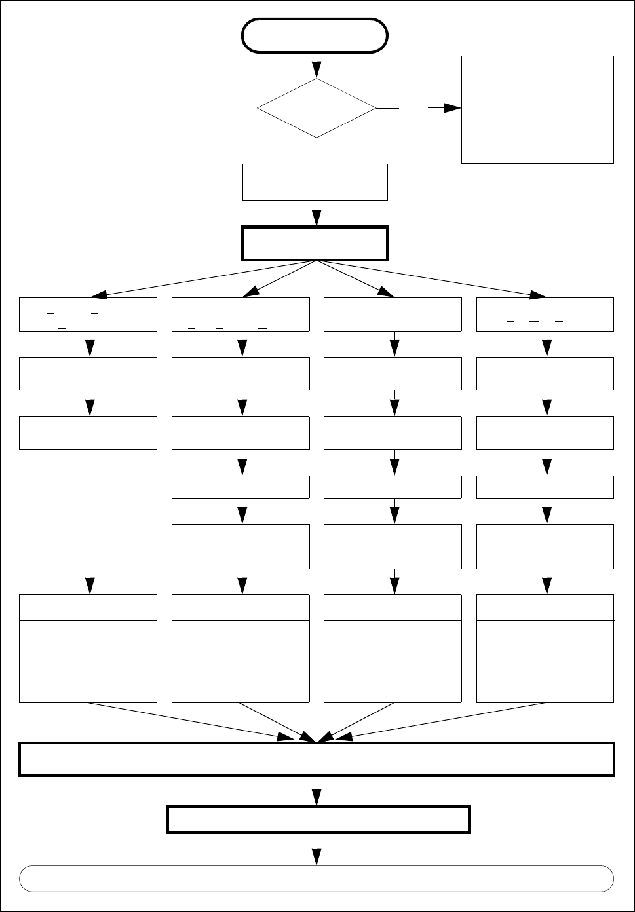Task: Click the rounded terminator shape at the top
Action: pos(315,35)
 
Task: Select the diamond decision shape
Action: pos(317,109)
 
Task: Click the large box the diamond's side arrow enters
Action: pos(537,109)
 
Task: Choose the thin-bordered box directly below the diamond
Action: pos(315,182)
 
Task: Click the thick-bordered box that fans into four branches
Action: pos(315,243)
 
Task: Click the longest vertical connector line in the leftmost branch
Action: pos(89,511)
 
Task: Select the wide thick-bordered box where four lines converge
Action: pos(317,759)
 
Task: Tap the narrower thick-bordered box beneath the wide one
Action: pos(318,819)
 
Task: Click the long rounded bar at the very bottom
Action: pos(317,879)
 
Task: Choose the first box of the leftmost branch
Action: pos(88,314)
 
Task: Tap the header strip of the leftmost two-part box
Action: pos(88,607)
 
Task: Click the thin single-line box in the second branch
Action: pos(241,487)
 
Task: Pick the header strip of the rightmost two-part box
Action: pos(545,607)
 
